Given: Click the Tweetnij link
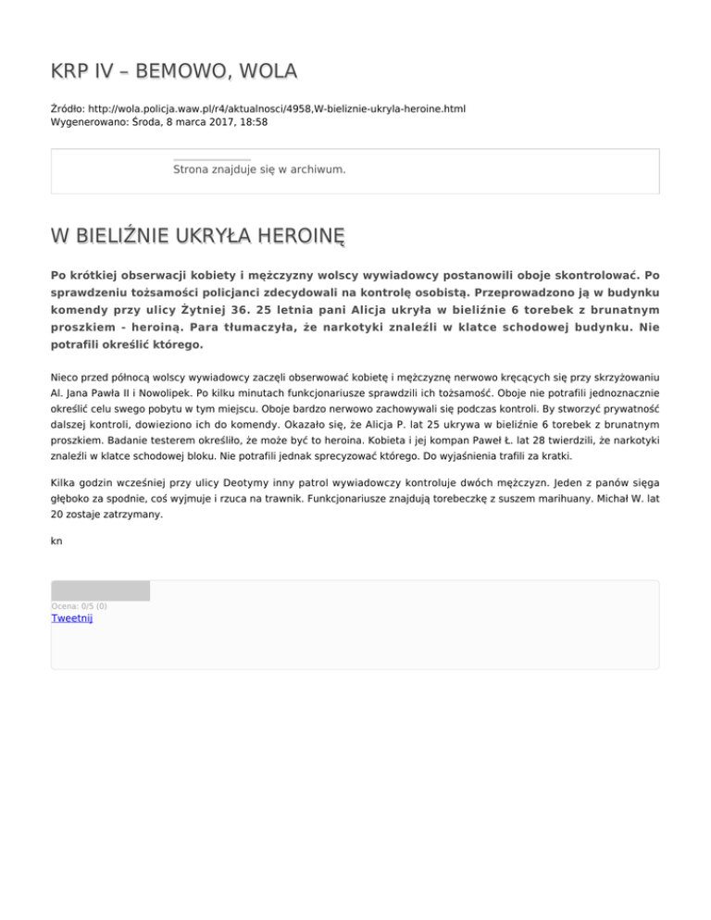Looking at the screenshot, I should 71,619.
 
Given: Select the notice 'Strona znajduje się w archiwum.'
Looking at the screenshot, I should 259,170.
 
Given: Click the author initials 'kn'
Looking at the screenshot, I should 56,542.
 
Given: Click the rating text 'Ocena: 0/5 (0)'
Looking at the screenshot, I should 79,606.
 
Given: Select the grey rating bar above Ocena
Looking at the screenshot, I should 100,591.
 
